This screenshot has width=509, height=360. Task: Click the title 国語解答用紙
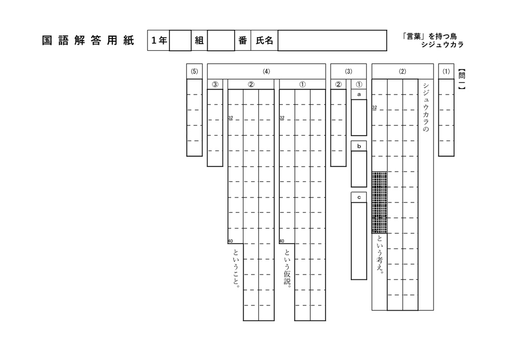tap(88, 41)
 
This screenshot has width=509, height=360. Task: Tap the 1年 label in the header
tap(159, 41)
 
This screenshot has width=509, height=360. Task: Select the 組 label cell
tap(199, 41)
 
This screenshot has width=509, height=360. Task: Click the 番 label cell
tap(243, 41)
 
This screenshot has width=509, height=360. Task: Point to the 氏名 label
tap(264, 41)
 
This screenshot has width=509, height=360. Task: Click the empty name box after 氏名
tap(332, 41)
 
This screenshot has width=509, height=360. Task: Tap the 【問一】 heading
tap(462, 79)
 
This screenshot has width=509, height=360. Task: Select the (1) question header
tap(446, 72)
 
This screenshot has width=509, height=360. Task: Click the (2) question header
tap(403, 72)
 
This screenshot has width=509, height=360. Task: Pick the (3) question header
tap(348, 72)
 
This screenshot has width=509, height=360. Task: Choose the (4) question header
tap(266, 72)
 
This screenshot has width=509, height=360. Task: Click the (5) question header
tap(194, 72)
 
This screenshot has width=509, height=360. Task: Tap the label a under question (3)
tap(359, 94)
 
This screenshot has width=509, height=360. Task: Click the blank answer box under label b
tap(359, 169)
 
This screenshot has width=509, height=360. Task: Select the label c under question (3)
tap(359, 197)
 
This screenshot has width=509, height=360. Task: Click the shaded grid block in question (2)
tap(379, 202)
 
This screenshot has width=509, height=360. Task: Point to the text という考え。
tap(380, 255)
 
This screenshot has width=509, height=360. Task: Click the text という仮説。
tap(287, 267)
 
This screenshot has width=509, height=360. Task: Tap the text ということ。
tap(236, 268)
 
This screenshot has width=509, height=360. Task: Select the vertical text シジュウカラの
tap(426, 107)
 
